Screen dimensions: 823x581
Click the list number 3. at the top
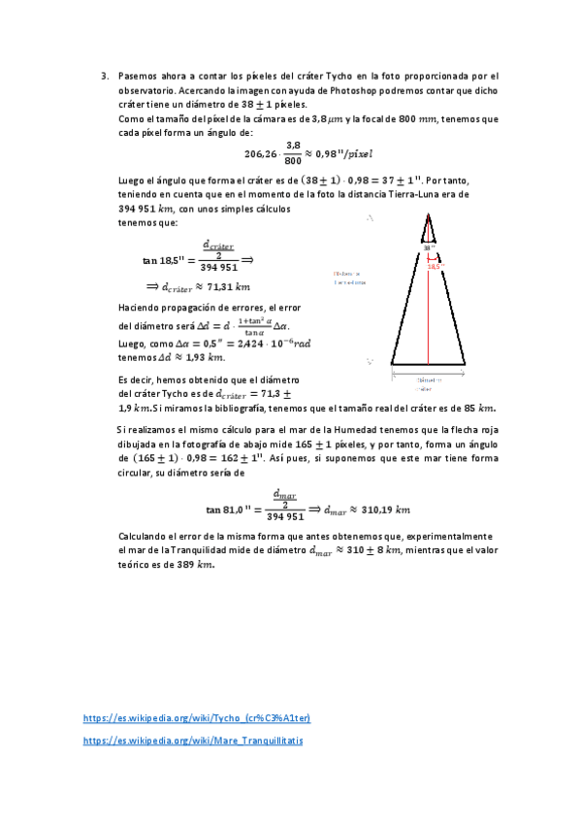[104, 75]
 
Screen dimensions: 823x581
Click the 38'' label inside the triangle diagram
[424, 247]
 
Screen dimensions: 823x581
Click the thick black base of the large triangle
[427, 365]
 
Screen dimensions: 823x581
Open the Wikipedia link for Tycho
[197, 718]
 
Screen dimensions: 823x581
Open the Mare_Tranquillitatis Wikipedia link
[194, 740]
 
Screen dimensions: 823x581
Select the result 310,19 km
[377, 509]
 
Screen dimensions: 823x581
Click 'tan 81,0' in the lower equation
[230, 509]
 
